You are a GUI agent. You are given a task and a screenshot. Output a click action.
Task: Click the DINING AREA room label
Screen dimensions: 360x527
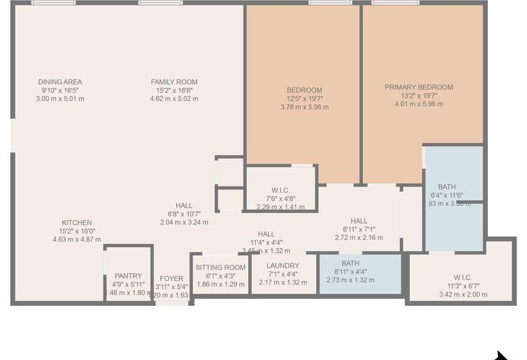click(x=60, y=82)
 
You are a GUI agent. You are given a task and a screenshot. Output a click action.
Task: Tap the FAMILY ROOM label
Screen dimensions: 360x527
click(x=174, y=82)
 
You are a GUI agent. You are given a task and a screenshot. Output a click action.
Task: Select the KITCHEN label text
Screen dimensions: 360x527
click(x=76, y=223)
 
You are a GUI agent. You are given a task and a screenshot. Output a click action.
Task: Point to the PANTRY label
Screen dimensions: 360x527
click(x=129, y=276)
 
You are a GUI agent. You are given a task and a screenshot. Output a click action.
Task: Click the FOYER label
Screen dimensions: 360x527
click(x=172, y=278)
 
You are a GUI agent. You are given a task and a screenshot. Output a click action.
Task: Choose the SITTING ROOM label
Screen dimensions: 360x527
click(x=220, y=267)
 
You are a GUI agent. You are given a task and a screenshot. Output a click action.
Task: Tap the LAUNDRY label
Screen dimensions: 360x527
click(x=283, y=266)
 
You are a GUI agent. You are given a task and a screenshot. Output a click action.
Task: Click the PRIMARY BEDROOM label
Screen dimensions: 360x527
click(x=419, y=87)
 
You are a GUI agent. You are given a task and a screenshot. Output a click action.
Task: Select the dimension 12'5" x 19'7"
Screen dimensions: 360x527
click(x=305, y=99)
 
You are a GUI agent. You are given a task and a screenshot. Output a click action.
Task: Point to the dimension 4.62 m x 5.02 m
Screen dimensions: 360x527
click(x=174, y=99)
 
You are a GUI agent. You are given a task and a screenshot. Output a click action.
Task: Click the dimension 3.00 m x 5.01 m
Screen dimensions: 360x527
click(x=60, y=99)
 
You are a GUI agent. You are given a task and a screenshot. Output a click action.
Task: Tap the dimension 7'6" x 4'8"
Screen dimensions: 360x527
click(x=281, y=199)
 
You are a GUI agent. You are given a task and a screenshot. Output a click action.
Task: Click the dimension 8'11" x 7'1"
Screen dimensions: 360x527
click(x=359, y=230)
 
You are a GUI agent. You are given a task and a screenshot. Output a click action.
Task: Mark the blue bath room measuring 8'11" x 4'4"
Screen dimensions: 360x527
click(x=361, y=271)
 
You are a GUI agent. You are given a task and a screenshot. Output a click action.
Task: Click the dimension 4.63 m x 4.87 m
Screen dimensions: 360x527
click(x=76, y=239)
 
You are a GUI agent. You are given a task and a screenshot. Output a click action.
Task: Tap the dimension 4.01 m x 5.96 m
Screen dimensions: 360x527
click(x=419, y=104)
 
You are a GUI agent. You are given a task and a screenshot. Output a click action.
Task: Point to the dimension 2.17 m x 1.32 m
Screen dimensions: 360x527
click(x=283, y=282)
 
